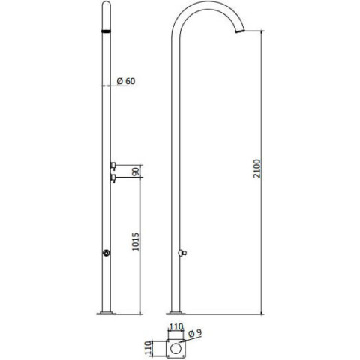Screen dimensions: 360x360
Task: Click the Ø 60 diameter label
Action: point(126,81)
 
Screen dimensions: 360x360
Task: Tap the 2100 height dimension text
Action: point(256,169)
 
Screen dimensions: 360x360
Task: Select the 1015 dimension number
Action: point(135,241)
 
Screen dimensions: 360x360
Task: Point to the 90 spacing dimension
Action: point(136,172)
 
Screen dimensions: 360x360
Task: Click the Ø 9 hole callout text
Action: point(195,333)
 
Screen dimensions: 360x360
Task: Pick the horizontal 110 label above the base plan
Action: point(176,326)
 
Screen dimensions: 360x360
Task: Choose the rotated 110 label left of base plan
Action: point(148,348)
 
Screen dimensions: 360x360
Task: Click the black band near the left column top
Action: point(106,31)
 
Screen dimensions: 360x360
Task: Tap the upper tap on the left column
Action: point(113,166)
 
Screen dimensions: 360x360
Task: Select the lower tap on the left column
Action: point(113,178)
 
